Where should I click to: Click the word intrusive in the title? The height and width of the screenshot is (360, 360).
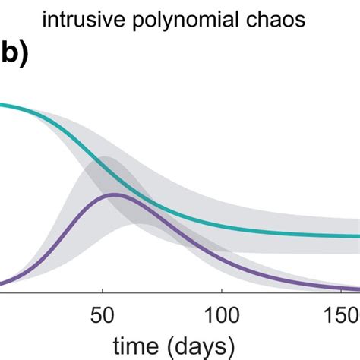(x=74, y=21)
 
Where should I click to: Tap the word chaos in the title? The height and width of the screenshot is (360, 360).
(x=276, y=21)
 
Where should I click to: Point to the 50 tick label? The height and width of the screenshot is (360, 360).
(x=102, y=314)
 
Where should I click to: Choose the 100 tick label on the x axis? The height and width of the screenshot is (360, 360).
(x=221, y=314)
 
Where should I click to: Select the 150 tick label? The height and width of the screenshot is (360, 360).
(x=341, y=314)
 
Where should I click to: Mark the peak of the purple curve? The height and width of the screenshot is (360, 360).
(x=114, y=194)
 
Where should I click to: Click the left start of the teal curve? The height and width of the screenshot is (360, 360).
(x=2, y=104)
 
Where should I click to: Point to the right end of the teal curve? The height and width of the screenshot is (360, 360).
(x=358, y=236)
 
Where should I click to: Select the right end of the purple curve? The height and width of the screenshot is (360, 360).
(x=358, y=288)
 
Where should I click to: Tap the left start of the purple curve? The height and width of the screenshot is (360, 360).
(x=2, y=284)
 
